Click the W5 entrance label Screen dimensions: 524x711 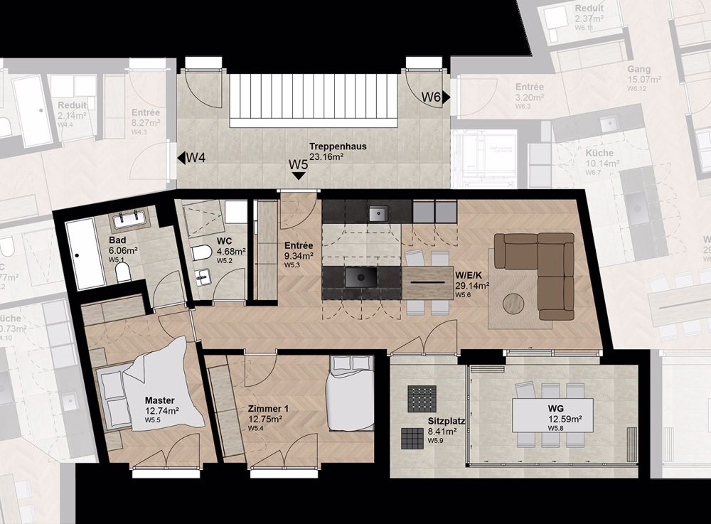pyautogui.click(x=298, y=164)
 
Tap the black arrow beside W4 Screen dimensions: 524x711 pyautogui.click(x=181, y=157)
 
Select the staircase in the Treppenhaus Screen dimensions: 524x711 pyautogui.click(x=312, y=100)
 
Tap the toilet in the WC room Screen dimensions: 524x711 pyautogui.click(x=201, y=252)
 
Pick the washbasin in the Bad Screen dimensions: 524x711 pyautogui.click(x=129, y=218)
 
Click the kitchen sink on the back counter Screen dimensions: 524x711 pyautogui.click(x=378, y=212)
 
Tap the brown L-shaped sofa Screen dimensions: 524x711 pyautogui.click(x=544, y=270)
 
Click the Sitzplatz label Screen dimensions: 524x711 pyautogui.click(x=446, y=421)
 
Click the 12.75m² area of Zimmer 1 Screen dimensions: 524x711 pyautogui.click(x=265, y=419)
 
